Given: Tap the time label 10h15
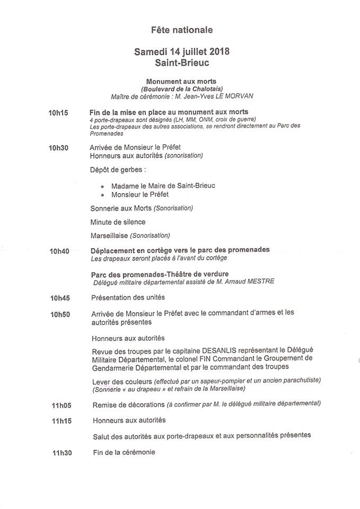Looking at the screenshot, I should (59, 113).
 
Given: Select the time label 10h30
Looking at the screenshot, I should (59, 147).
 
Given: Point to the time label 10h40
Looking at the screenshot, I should (59, 251).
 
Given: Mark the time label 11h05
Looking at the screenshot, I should (62, 406).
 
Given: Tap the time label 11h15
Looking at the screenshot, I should (62, 421).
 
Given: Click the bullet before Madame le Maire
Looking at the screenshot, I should (102, 187).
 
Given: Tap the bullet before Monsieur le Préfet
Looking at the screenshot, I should (102, 196).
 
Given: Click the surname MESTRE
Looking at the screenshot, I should (259, 282).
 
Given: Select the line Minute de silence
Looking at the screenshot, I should (118, 222).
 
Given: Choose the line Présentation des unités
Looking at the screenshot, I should (128, 297).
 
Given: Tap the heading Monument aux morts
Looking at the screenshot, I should (182, 81).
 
